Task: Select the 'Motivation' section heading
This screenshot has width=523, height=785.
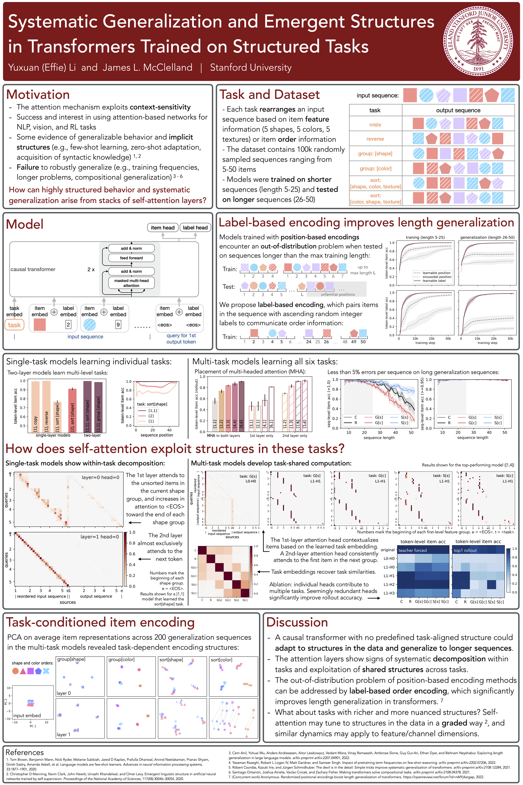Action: [38, 95]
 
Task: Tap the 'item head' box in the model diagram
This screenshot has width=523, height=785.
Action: [162, 228]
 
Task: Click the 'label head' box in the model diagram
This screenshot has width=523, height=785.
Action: [195, 228]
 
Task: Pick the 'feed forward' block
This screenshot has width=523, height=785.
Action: [131, 258]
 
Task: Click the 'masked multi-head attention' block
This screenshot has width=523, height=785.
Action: [131, 283]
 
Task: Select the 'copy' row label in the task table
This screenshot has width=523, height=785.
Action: [375, 125]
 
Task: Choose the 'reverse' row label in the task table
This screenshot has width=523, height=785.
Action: [375, 139]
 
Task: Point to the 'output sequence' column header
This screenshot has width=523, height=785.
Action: [458, 110]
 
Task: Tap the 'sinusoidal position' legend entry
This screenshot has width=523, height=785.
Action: [437, 277]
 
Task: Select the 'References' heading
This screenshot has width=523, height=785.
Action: [25, 752]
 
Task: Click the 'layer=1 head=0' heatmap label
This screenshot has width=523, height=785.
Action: [99, 537]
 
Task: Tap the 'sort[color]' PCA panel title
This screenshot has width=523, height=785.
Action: [221, 660]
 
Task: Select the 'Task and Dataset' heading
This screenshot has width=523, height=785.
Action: [269, 95]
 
